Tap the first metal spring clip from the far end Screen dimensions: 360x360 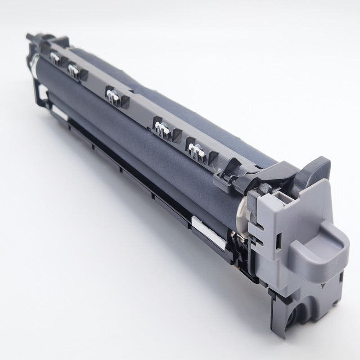point(55,57)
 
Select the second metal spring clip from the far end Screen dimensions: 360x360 point(72,68)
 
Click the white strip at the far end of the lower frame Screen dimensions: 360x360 point(59,111)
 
